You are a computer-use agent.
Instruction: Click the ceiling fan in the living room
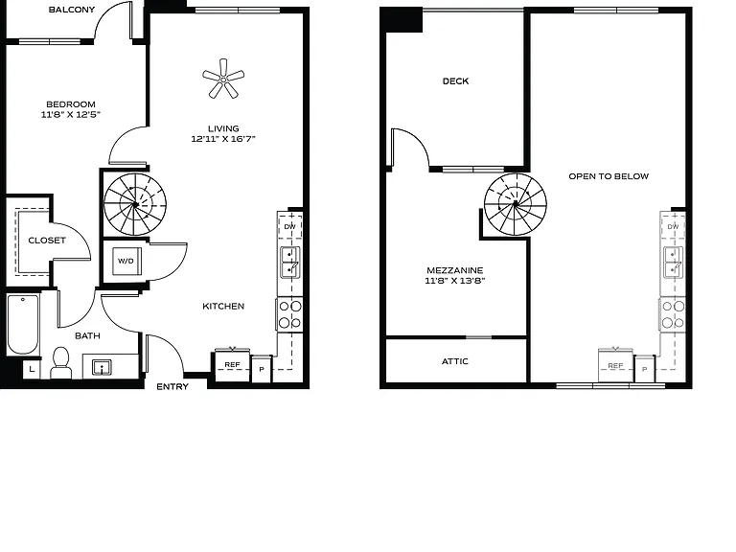click(223, 79)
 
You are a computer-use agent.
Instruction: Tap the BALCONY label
click(72, 10)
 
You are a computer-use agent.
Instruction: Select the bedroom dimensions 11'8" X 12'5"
click(70, 114)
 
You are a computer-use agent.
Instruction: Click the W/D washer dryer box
click(126, 261)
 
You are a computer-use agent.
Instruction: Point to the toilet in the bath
click(60, 363)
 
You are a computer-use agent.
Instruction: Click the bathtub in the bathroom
click(23, 324)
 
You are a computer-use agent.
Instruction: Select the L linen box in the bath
click(32, 369)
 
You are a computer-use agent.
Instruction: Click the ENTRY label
click(172, 387)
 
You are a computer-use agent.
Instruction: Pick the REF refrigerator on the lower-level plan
click(232, 365)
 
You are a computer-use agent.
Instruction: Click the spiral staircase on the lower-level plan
click(135, 204)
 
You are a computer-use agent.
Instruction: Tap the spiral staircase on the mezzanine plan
click(516, 204)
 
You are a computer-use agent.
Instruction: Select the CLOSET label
click(47, 241)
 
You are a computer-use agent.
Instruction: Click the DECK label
click(456, 81)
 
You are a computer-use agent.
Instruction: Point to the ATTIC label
click(455, 361)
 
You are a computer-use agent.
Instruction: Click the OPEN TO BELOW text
click(609, 176)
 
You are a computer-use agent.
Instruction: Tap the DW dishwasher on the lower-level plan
click(290, 226)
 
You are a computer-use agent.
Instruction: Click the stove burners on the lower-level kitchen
click(290, 314)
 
